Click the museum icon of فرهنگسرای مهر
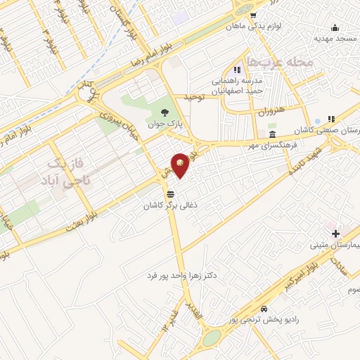point(271,134)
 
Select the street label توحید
point(193,96)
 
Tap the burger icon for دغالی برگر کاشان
point(170,193)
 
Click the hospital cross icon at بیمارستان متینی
point(335,233)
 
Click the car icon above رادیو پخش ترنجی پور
point(263,309)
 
